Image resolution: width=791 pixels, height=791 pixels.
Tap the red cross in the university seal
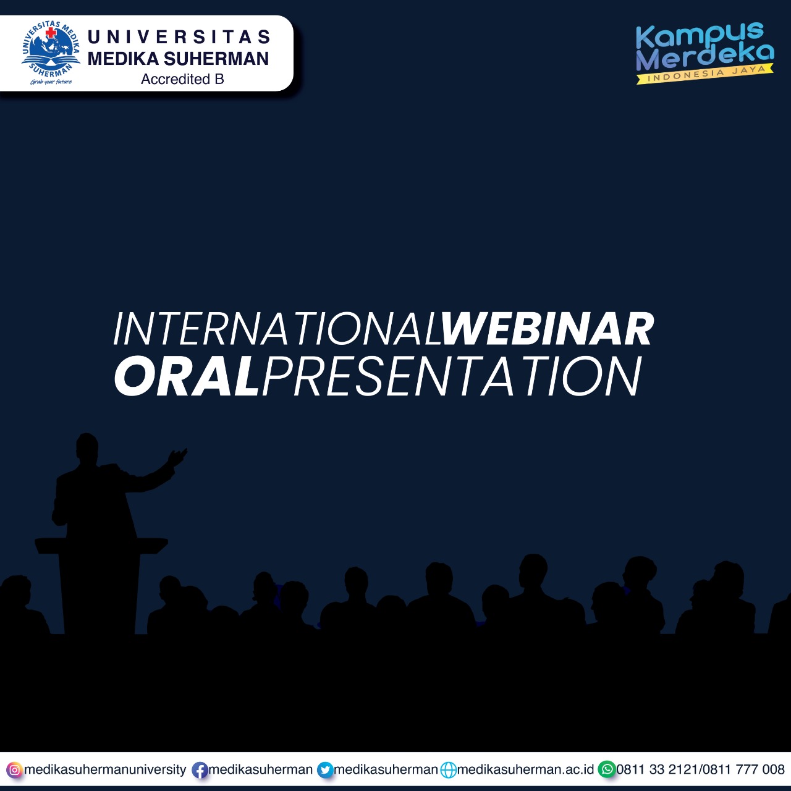pos(51,33)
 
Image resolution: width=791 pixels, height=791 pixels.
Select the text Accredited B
pos(182,79)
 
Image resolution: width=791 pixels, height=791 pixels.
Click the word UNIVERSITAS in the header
pos(179,37)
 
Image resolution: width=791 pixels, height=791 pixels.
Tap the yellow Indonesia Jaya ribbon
pos(705,75)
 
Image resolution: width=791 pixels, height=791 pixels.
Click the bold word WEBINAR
pos(547,329)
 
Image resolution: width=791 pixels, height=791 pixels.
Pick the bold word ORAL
pos(187,376)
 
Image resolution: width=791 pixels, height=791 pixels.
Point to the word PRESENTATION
pos(451,376)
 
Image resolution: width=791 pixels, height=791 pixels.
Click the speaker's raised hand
pos(178,457)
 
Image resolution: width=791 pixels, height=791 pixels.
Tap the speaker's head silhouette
pos(87,447)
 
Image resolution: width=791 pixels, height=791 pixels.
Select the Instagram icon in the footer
pos(14,769)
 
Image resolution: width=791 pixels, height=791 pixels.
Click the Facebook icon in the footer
pos(200,770)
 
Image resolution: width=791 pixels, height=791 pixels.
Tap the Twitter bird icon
pos(325,770)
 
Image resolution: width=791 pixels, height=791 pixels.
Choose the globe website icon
pos(448,770)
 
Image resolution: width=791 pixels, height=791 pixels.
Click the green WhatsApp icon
pos(607,769)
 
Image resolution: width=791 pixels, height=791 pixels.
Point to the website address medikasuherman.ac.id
pos(525,769)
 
